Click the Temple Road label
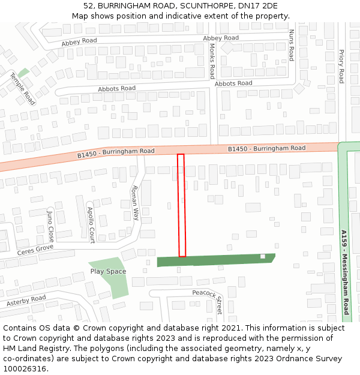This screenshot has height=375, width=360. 22,89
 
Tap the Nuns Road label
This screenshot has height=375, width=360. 292,45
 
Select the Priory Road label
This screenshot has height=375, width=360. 341,66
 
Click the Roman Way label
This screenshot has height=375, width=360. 135,203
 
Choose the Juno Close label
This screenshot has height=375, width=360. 50,225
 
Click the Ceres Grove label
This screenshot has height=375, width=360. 35,249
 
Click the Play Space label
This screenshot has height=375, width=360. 108,271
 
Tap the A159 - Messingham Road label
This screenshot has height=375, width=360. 344,273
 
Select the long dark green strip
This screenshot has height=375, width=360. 216,260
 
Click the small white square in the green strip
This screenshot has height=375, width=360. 262,257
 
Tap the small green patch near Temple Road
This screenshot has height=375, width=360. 23,73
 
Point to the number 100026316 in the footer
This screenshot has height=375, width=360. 24,368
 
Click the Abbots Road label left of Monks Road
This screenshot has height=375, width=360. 116,89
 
